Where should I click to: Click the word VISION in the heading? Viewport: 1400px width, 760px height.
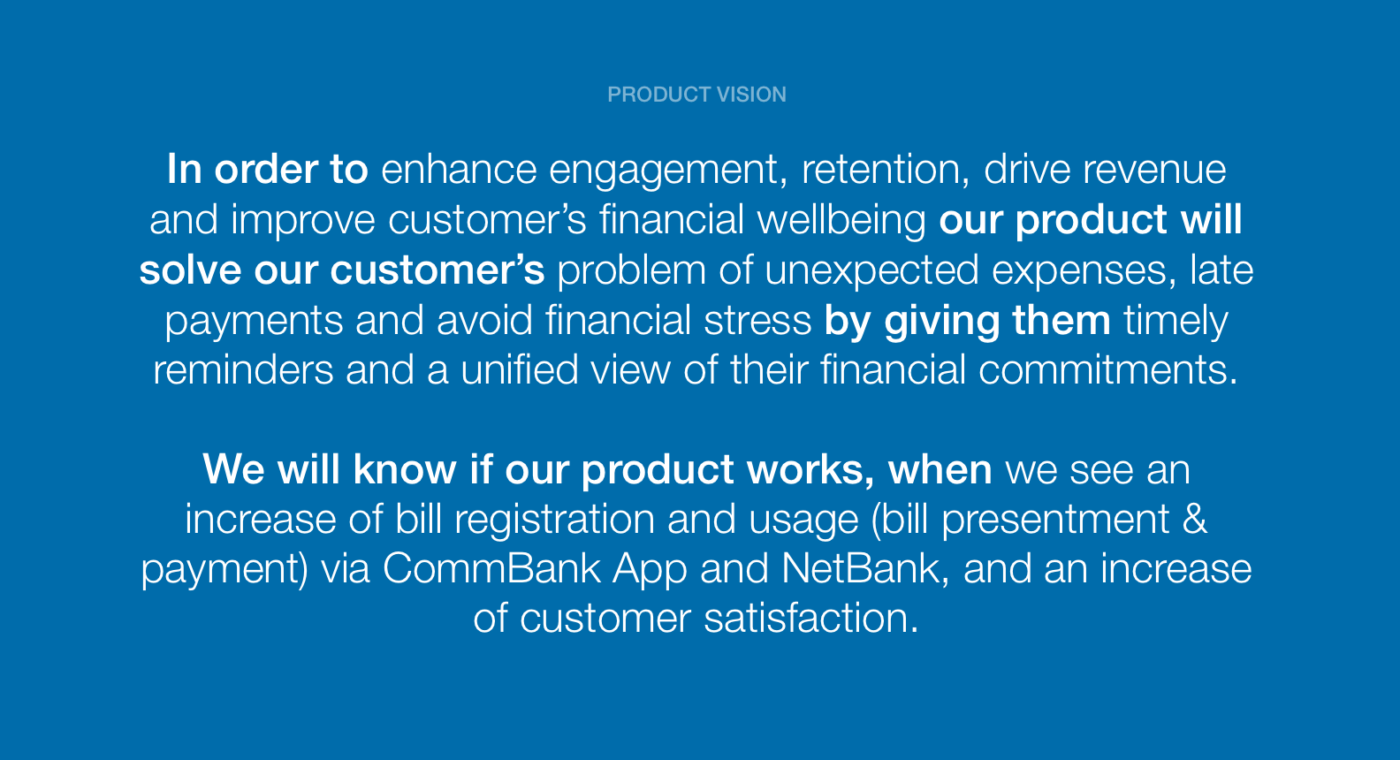[x=751, y=95]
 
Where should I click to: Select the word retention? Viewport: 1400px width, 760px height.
[x=886, y=170]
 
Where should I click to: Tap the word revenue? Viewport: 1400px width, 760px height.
[x=1154, y=170]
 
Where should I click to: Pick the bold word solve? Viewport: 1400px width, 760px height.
[x=190, y=270]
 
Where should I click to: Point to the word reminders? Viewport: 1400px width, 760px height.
[x=243, y=370]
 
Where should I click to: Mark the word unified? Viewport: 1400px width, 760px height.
[x=520, y=370]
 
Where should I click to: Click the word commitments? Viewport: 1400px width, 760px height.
[x=1107, y=370]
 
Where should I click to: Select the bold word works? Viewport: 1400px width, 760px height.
[x=810, y=470]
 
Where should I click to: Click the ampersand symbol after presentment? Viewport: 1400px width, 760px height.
[x=1194, y=520]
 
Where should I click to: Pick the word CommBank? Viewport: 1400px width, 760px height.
[x=491, y=569]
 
